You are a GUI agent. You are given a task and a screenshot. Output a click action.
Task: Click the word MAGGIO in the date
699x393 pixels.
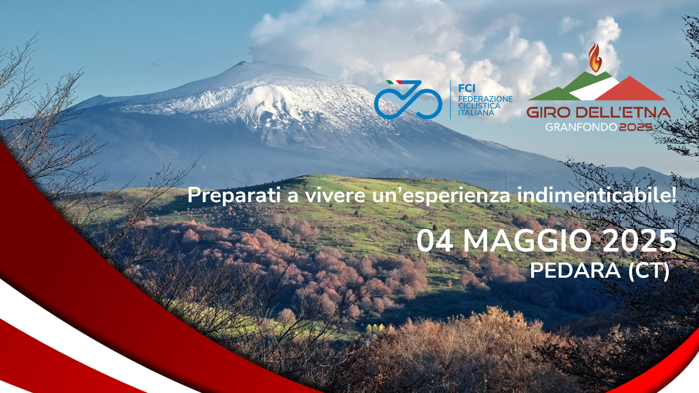(527, 241)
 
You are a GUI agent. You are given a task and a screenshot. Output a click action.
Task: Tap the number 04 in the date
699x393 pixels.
(435, 241)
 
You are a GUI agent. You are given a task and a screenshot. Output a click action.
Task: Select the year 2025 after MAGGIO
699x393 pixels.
(640, 241)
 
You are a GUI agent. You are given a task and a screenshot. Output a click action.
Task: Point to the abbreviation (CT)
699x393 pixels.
(649, 271)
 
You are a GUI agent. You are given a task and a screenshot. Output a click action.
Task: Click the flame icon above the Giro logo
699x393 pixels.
(595, 58)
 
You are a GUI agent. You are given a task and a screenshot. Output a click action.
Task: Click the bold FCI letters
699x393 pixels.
(467, 88)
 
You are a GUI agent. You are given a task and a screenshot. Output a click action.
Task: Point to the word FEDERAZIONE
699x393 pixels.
(485, 99)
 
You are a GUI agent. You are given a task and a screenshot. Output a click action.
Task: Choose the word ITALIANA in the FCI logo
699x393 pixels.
(476, 113)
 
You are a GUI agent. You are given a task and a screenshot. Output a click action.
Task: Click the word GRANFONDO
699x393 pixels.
(581, 127)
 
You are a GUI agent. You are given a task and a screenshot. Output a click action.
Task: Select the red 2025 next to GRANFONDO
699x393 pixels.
(636, 127)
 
